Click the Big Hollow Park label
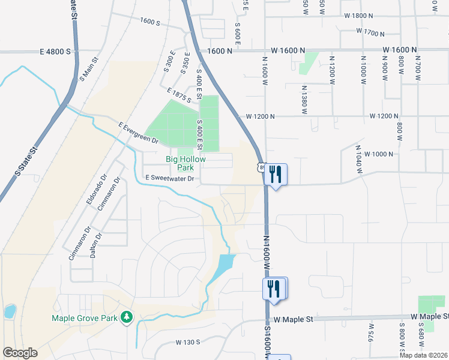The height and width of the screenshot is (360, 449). pos(185,163)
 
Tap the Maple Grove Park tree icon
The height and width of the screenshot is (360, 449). pos(127,316)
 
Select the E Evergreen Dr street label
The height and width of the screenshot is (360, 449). pos(137,133)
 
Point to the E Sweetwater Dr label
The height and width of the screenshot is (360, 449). pos(170,178)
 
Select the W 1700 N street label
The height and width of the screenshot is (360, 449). pos(370,31)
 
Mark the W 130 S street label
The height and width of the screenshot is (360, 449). pos(188,342)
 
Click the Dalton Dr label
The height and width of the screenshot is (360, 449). pos(93,245)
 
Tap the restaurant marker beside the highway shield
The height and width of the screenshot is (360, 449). pos(276,175)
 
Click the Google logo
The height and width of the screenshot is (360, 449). pos(20,353)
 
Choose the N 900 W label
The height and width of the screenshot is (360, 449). pos(385,69)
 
